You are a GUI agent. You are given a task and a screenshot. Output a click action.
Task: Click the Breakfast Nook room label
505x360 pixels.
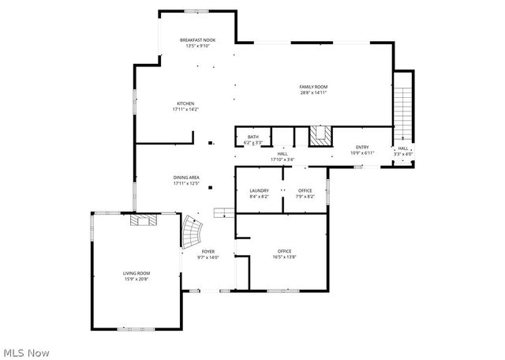197,40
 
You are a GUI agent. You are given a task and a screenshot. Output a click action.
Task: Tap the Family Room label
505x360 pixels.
313,86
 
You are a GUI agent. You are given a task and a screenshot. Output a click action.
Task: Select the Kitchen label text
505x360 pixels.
185,103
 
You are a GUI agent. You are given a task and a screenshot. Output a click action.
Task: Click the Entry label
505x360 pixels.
362,147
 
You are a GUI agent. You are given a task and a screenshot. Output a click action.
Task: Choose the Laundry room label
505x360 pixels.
259,190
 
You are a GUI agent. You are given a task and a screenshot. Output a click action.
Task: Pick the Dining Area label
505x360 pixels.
186,178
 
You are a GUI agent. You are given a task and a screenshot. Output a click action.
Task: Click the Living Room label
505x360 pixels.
136,273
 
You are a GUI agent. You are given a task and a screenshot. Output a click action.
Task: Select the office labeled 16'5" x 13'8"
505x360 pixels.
284,251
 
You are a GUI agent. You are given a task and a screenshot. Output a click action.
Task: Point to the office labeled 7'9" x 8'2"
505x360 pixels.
305,190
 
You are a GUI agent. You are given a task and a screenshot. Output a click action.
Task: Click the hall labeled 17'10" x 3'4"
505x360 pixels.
282,154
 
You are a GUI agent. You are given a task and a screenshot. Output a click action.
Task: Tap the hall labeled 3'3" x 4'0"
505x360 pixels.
402,148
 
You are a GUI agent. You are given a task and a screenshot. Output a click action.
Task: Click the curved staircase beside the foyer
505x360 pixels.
193,231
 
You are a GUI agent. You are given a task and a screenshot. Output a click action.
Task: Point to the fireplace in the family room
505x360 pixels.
320,136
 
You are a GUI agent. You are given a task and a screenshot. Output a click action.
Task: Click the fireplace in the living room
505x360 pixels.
144,220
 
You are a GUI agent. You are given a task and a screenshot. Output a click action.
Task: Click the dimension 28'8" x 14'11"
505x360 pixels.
313,92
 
